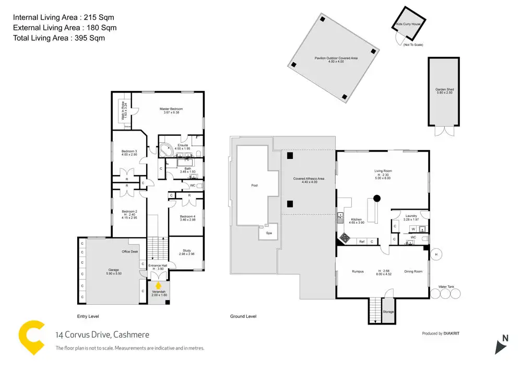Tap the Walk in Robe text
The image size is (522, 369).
[124, 111]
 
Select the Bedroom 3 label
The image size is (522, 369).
[122, 151]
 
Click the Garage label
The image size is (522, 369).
[113, 270]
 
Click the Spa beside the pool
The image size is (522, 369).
[269, 233]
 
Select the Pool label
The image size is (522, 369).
[254, 186]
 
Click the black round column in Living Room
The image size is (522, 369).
[376, 198]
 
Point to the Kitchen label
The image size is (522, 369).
[357, 220]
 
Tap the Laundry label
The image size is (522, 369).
[410, 215]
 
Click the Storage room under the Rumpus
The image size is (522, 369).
[388, 312]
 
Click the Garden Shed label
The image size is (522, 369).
[445, 90]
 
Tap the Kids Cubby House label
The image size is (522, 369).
[409, 24]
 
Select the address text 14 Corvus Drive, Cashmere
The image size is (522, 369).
[102, 335]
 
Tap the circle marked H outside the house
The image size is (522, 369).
[436, 255]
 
